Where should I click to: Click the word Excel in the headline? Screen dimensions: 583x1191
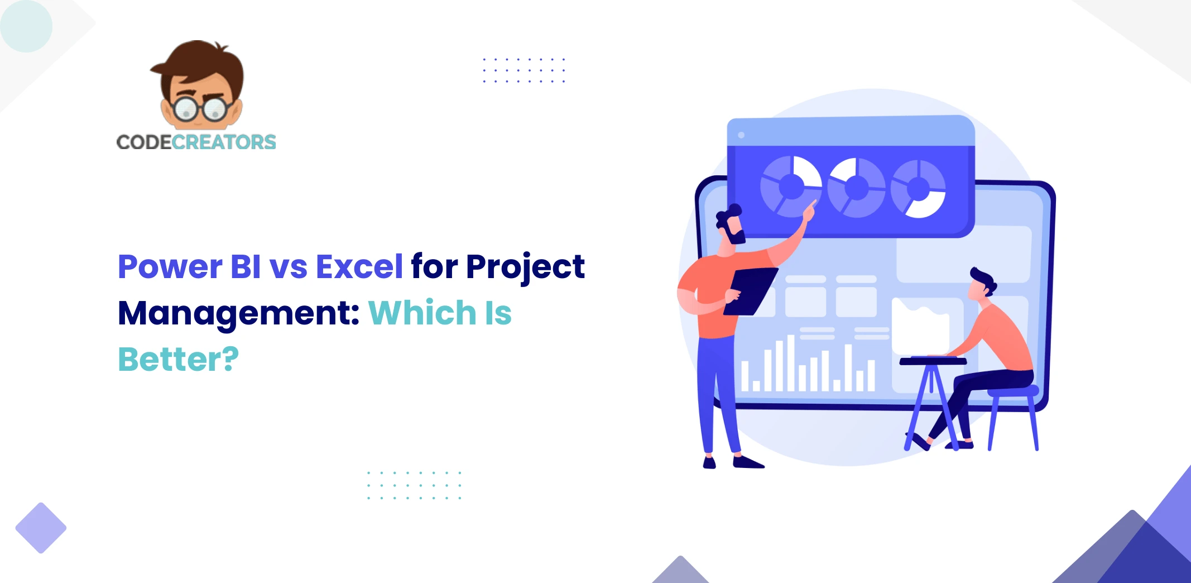(359, 266)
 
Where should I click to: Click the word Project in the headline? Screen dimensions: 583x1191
(525, 266)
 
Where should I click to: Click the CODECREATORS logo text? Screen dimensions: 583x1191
(196, 142)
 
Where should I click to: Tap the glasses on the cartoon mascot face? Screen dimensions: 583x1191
(199, 108)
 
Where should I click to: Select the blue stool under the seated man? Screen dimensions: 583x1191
(1012, 413)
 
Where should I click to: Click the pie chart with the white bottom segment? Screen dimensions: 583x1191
(918, 189)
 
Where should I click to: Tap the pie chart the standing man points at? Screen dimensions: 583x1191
(791, 186)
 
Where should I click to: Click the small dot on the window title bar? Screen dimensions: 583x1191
(741, 135)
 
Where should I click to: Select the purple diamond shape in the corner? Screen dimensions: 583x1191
(41, 528)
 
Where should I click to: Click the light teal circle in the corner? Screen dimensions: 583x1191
(26, 26)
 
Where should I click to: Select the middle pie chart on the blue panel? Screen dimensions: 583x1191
(856, 188)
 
